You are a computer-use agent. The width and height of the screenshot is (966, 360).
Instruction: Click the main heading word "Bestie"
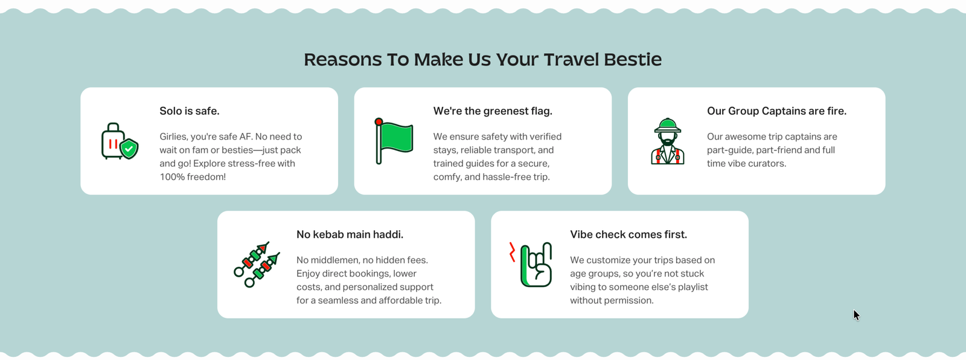pyautogui.click(x=633, y=60)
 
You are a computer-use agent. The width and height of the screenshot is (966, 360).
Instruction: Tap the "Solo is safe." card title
pyautogui.click(x=190, y=111)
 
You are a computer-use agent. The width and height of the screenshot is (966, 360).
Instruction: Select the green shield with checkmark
pyautogui.click(x=129, y=149)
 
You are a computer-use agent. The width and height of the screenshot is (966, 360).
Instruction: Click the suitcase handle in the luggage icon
pyautogui.click(x=113, y=127)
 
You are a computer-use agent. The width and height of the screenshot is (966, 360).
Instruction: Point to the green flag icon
pyautogui.click(x=394, y=141)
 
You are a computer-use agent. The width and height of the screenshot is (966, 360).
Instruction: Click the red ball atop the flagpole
pyautogui.click(x=379, y=122)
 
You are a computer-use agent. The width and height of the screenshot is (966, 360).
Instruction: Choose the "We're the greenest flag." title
pyautogui.click(x=493, y=111)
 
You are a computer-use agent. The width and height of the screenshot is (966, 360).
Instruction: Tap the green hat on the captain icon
pyautogui.click(x=668, y=126)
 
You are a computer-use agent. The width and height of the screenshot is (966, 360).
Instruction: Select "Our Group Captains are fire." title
pyautogui.click(x=776, y=111)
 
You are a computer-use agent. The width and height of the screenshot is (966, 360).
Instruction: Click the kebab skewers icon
pyautogui.click(x=257, y=264)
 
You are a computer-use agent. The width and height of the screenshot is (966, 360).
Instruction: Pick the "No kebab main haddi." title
pyautogui.click(x=350, y=234)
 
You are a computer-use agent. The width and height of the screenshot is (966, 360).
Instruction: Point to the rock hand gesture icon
pyautogui.click(x=536, y=265)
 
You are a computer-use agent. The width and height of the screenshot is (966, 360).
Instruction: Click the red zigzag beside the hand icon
pyautogui.click(x=512, y=252)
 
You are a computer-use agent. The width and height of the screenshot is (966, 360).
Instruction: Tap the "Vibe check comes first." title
pyautogui.click(x=629, y=234)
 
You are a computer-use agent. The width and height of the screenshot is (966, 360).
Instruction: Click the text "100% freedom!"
pyautogui.click(x=193, y=176)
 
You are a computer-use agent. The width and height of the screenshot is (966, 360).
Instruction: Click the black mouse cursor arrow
pyautogui.click(x=856, y=315)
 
